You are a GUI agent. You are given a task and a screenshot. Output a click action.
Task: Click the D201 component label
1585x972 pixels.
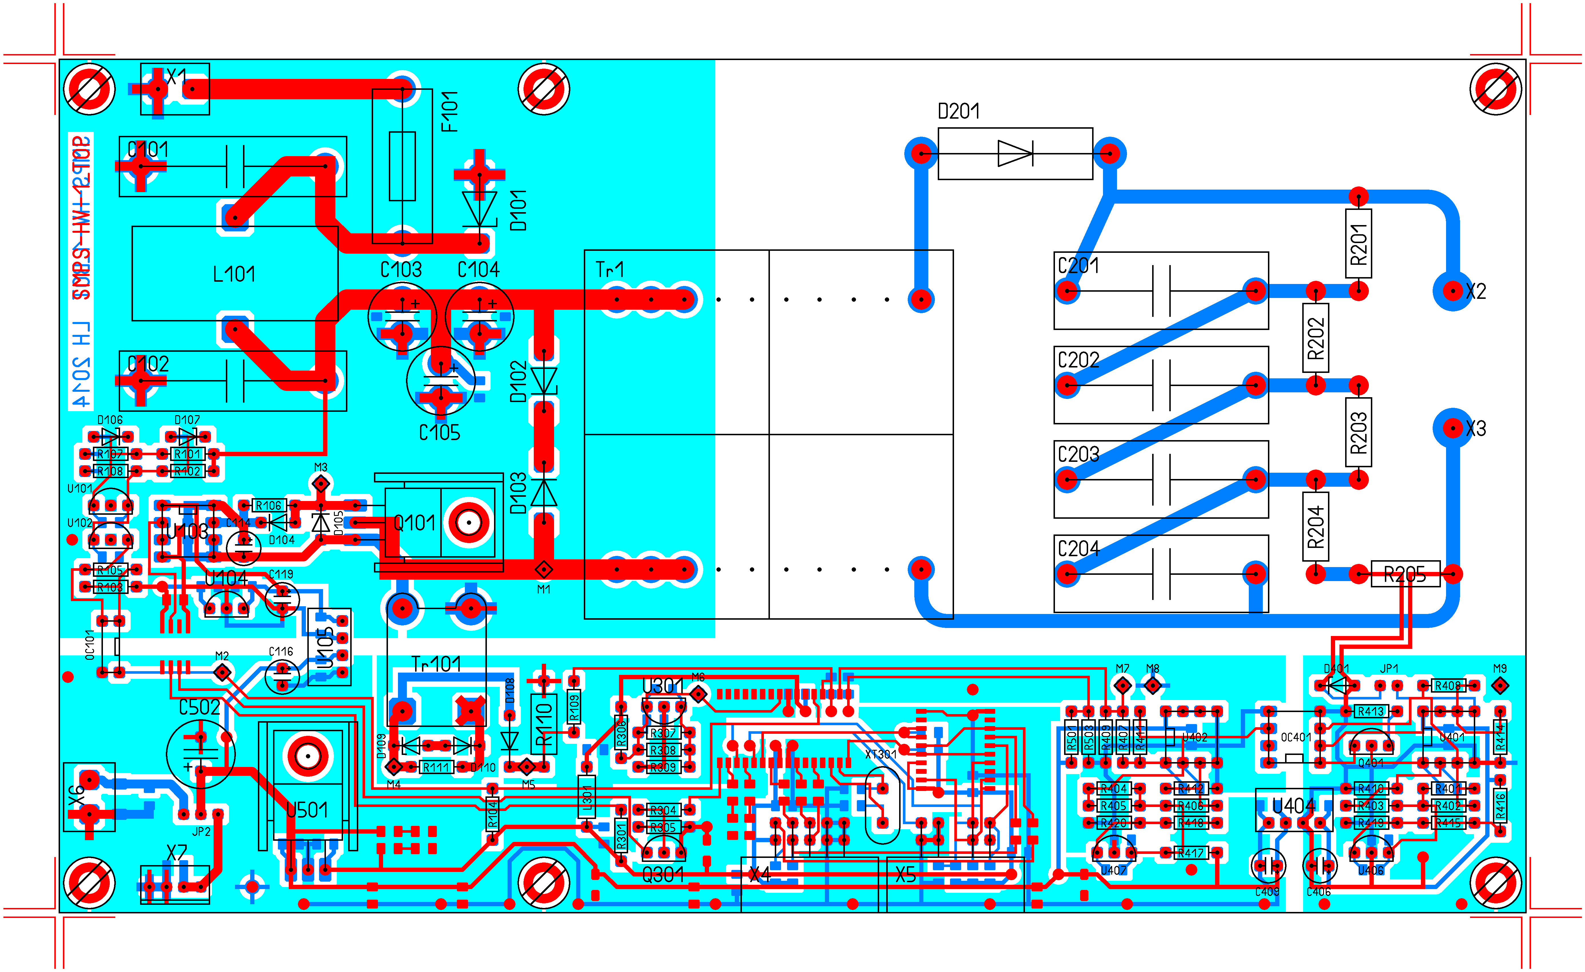coord(958,111)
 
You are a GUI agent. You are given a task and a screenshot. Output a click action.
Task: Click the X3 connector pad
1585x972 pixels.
coord(1452,428)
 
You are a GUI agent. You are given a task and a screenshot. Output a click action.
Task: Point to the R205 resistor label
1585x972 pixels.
coord(1405,575)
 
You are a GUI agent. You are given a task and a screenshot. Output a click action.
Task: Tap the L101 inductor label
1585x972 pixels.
coord(234,274)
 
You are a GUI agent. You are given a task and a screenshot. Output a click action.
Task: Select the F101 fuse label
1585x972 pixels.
coord(450,111)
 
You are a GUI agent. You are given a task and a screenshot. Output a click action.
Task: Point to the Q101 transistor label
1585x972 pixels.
coord(415,523)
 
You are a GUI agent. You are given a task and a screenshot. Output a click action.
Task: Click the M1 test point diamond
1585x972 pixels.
coord(543,569)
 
